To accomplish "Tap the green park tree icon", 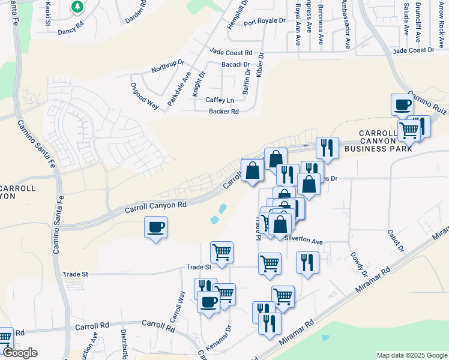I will click(77, 7).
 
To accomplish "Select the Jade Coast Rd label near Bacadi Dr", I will click(231, 53).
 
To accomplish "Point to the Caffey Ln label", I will click(219, 100).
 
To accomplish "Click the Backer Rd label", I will click(223, 112).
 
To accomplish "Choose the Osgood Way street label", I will click(144, 95).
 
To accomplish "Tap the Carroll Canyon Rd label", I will click(156, 205).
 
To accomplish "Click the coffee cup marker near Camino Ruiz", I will click(402, 105).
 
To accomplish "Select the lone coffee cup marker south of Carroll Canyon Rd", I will click(156, 227).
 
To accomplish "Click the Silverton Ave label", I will click(304, 240).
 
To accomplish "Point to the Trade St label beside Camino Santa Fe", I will click(76, 274).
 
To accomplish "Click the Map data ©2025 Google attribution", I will click(411, 355).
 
